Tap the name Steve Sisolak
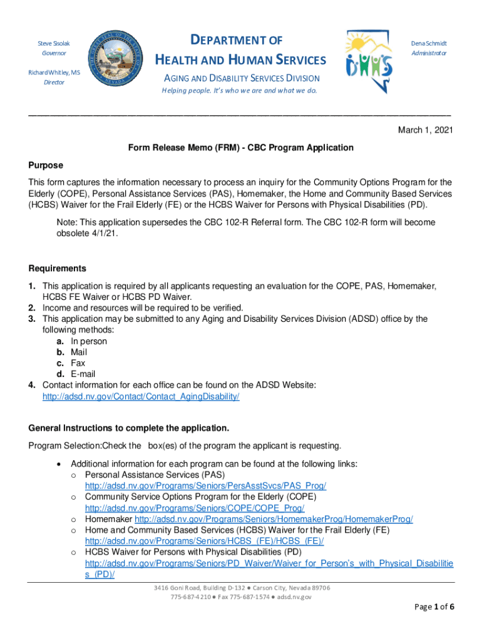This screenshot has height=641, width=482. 54,44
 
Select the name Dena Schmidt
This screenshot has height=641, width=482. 429,44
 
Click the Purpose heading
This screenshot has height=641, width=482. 46,165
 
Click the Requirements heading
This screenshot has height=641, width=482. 58,269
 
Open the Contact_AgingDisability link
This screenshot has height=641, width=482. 141,397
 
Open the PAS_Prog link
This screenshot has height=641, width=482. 205,486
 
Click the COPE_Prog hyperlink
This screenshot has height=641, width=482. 195,508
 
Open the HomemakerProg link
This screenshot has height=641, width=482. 274,519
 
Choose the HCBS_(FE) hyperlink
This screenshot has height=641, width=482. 204,541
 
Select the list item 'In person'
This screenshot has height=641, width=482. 88,341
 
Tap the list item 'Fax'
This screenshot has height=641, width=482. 78,363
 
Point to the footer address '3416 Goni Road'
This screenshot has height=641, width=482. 240,588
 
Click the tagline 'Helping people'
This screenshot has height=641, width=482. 240,90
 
